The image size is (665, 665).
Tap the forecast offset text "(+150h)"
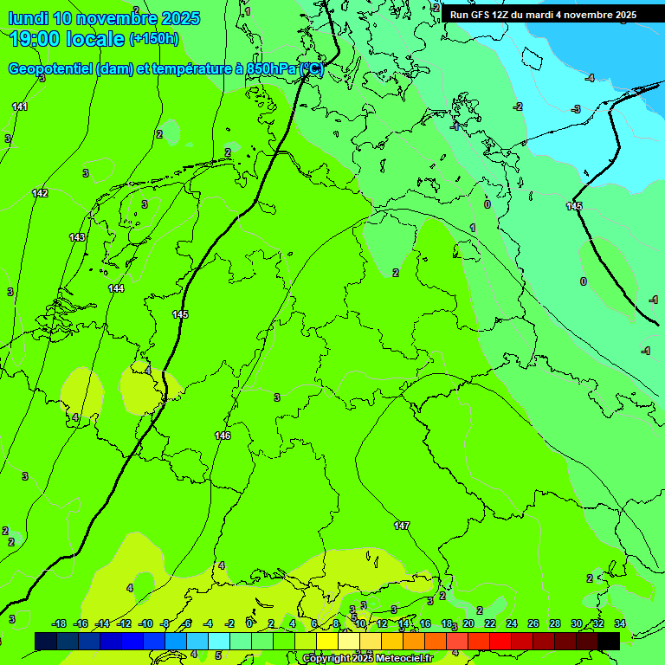153,38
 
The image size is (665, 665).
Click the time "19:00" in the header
36,39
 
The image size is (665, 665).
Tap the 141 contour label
20,107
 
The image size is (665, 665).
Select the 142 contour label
40,193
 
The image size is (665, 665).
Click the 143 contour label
77,237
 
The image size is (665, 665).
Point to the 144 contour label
116,288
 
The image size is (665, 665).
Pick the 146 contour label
223,436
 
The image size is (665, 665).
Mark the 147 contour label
402,526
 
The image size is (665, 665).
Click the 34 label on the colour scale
620,623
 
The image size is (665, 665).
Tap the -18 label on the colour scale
60,623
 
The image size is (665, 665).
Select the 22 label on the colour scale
490,623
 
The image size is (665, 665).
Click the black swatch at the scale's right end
609,641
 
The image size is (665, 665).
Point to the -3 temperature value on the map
576,109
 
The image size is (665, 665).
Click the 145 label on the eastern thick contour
574,206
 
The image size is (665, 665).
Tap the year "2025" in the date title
181,18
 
